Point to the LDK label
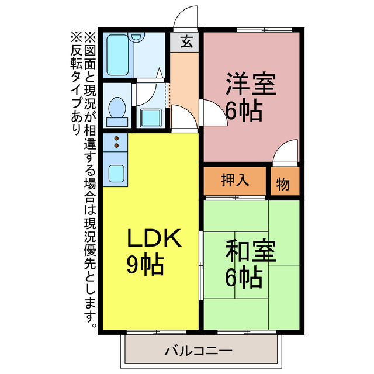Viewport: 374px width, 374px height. click(155, 238)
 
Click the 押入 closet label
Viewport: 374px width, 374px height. click(236, 181)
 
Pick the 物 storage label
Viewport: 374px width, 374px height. click(283, 183)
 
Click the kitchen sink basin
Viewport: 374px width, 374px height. click(116, 172)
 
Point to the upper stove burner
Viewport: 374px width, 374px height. click(116, 138)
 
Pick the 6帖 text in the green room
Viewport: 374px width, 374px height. click(243, 278)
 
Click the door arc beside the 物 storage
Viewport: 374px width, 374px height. click(286, 153)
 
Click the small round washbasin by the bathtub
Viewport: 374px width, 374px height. click(137, 37)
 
